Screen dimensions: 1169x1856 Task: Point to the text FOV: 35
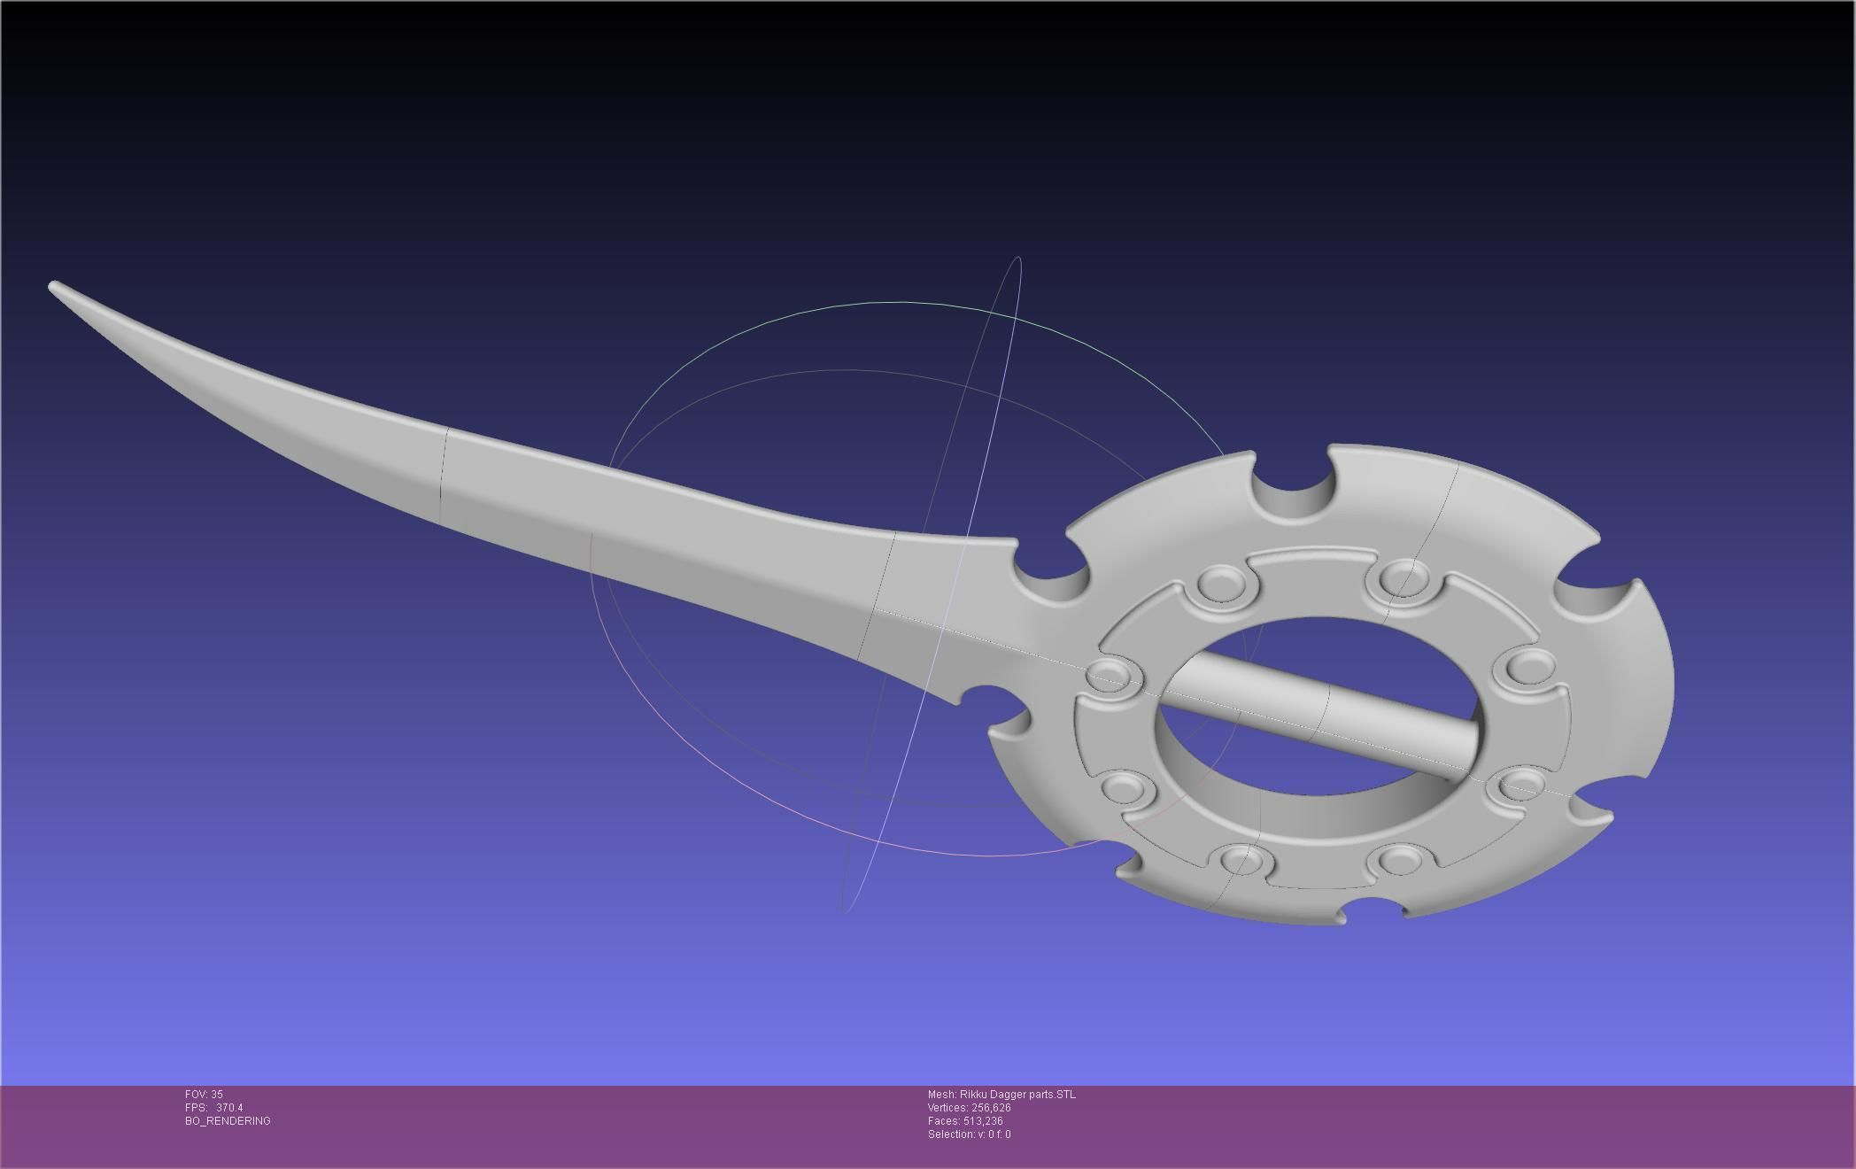tap(204, 1095)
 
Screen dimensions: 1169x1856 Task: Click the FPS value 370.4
tap(229, 1108)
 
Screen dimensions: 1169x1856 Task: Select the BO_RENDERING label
tap(228, 1121)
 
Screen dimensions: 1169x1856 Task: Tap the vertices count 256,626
tap(990, 1108)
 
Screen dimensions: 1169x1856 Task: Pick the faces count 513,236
tap(983, 1121)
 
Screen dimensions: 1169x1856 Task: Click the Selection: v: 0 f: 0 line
tap(969, 1134)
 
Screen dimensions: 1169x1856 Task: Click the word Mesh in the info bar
tap(941, 1095)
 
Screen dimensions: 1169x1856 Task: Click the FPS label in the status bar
tap(195, 1108)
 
